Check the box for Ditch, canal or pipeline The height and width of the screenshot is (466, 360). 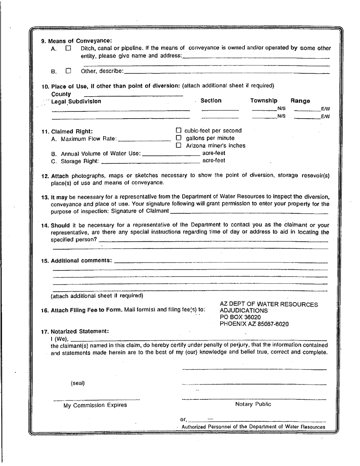68,48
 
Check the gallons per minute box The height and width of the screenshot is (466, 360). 179,138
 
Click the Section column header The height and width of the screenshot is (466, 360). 211,101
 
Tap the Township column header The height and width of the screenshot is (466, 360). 264,101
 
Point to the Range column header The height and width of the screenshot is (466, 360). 300,101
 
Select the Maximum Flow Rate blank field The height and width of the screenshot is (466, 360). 145,139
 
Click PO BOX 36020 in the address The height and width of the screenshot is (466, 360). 240,317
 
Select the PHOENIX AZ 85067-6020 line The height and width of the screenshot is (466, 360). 254,324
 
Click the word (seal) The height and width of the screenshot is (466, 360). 78,383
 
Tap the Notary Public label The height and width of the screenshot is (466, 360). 253,404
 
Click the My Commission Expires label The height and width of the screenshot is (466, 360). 95,405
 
